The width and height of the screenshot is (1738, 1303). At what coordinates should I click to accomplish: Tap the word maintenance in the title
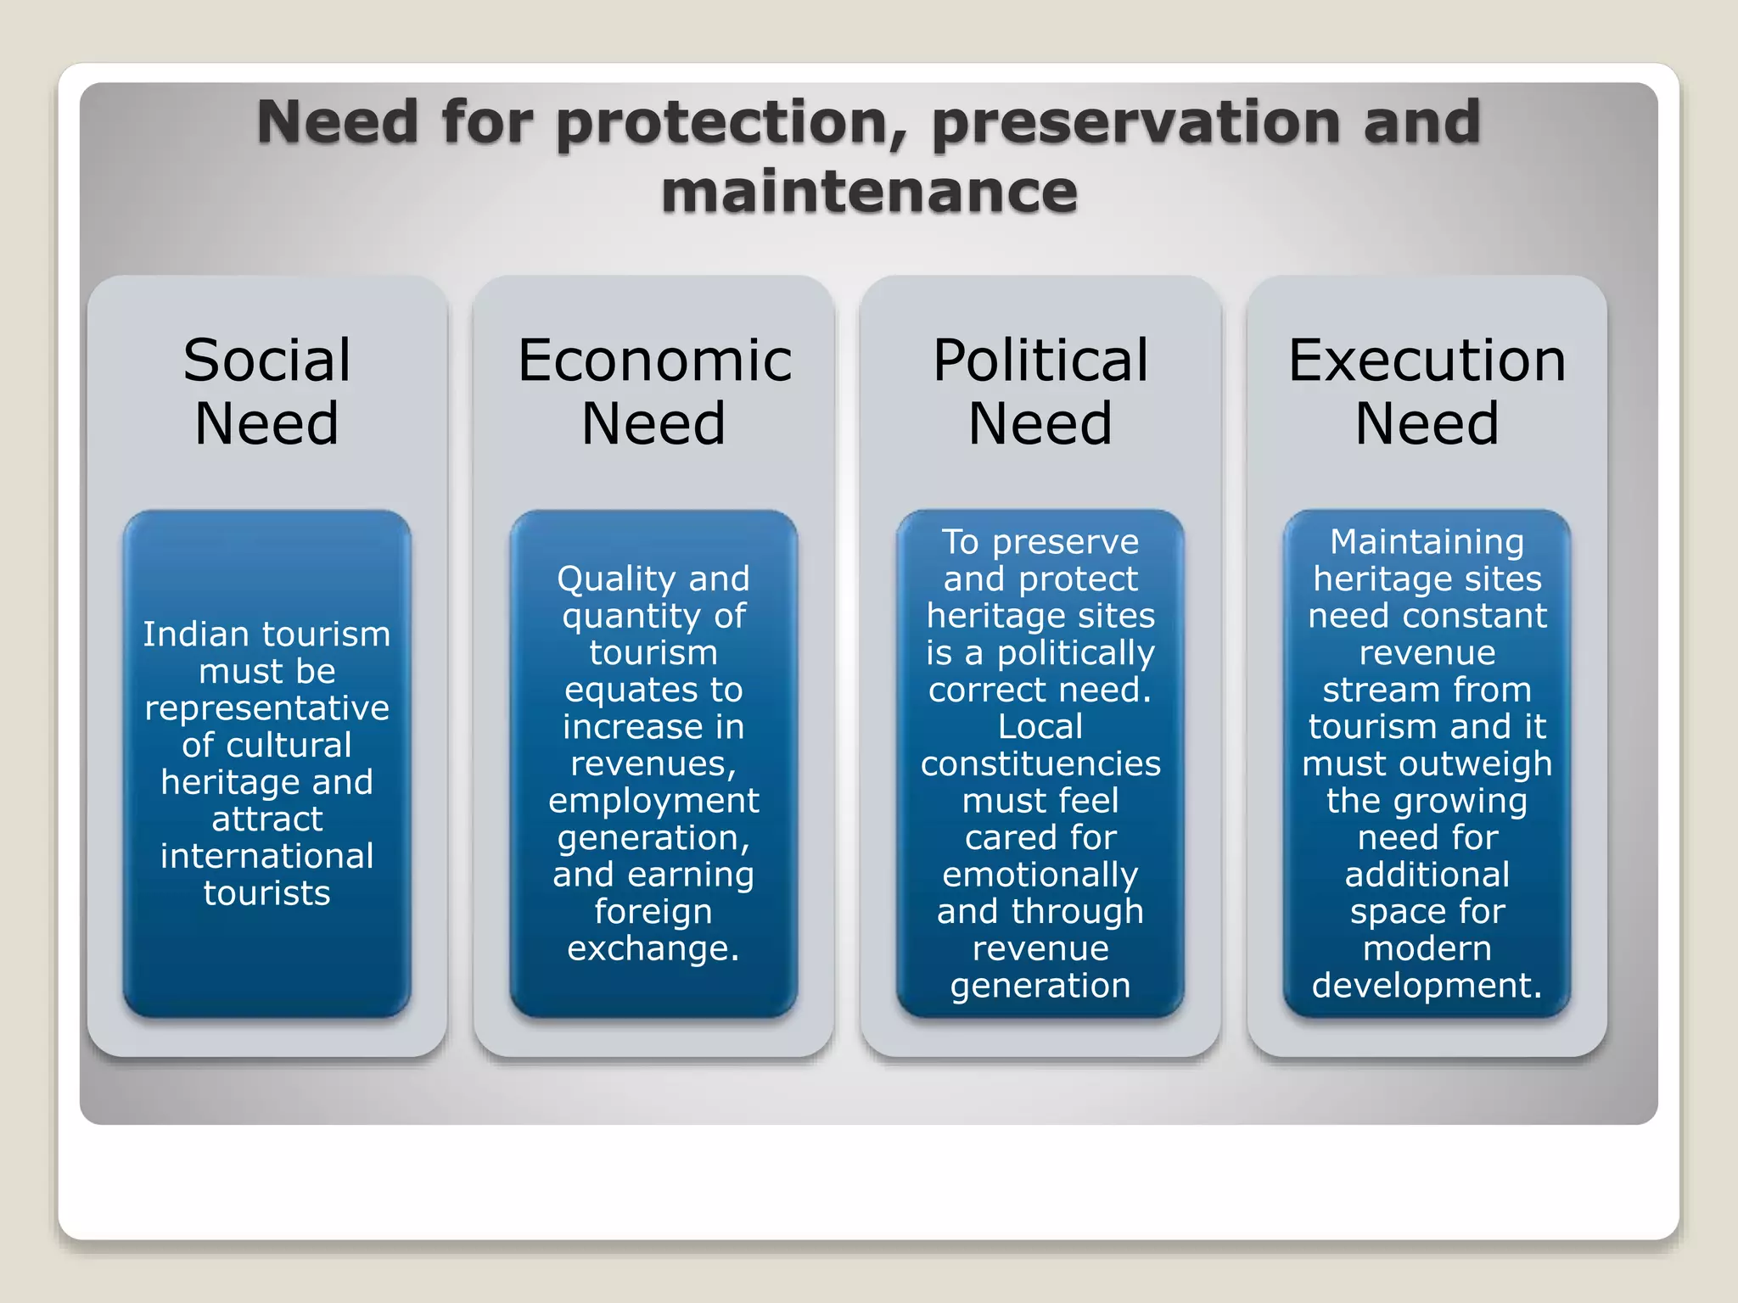point(869,192)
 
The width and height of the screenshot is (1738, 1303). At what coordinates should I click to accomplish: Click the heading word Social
point(266,361)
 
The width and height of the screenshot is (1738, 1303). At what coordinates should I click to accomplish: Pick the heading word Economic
point(654,361)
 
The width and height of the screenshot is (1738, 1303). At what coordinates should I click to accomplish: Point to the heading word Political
point(1040,361)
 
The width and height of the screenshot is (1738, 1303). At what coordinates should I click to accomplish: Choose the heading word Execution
point(1427,361)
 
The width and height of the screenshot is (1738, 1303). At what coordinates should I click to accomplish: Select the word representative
point(266,708)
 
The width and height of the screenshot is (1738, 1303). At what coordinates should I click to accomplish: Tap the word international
point(266,856)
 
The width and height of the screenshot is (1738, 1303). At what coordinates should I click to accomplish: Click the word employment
point(653,801)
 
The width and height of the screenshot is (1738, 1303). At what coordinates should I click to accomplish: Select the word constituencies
point(1040,763)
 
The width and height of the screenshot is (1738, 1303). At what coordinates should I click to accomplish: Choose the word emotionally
point(1040,875)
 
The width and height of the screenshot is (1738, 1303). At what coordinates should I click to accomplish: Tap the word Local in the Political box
point(1040,727)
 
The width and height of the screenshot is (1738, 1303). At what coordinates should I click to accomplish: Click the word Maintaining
point(1427,542)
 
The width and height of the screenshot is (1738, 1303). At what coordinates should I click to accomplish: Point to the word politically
point(1075,653)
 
